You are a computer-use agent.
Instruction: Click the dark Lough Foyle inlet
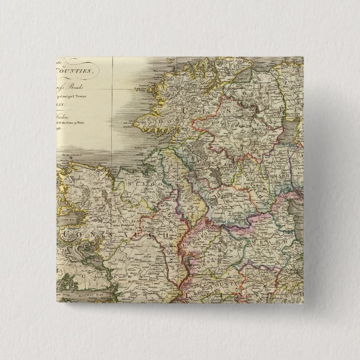click(241, 78)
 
